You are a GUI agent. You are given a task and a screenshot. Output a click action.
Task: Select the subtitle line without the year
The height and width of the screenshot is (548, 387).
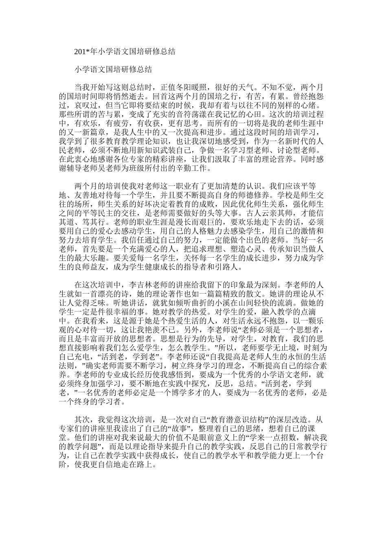[x=113, y=69]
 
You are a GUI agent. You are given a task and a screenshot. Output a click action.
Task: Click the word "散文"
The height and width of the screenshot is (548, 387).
[x=251, y=294]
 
